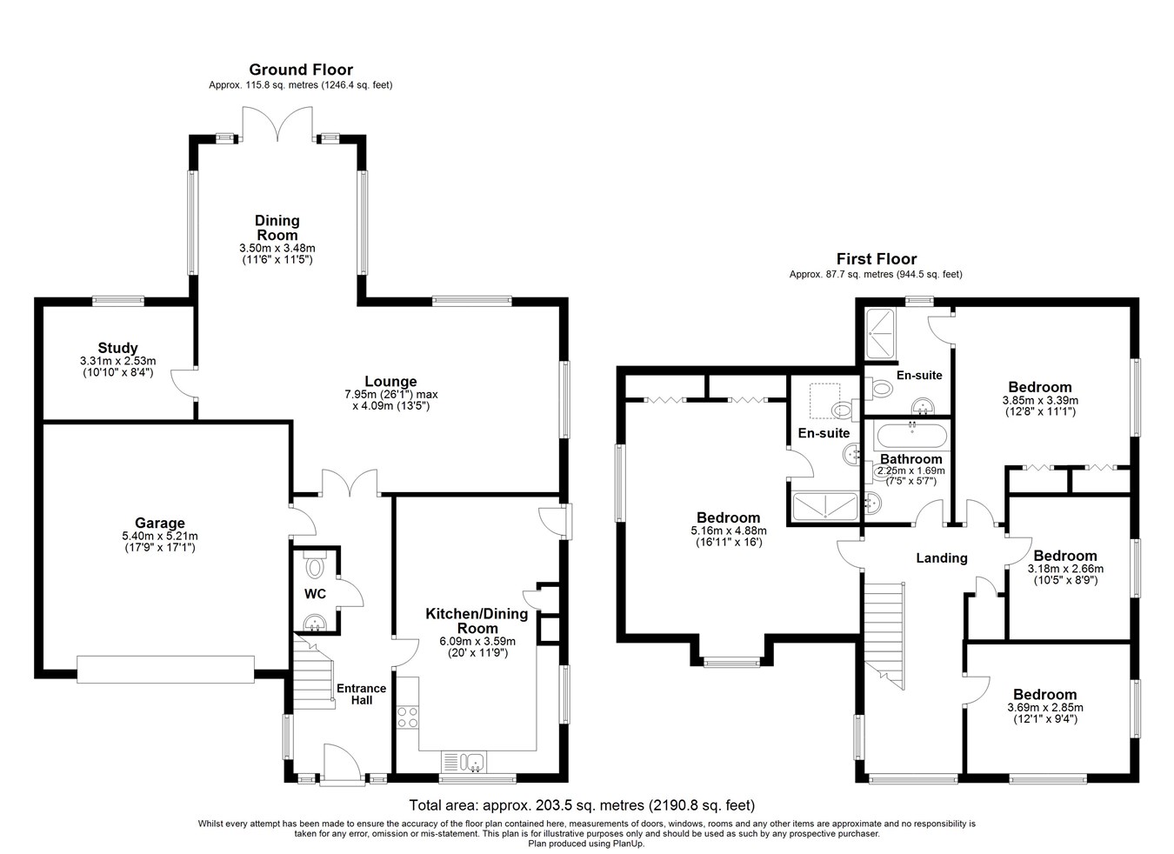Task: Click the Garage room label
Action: point(160,523)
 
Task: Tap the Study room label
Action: point(118,348)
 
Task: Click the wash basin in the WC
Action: point(315,623)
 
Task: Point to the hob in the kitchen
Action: point(408,717)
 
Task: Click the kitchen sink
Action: point(464,762)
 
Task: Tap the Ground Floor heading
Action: point(301,70)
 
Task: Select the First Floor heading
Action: point(877,258)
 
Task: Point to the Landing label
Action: point(942,557)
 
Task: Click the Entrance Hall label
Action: point(362,694)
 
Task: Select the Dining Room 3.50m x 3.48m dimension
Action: point(277,248)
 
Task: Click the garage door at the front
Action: point(165,669)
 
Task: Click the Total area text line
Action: point(582,804)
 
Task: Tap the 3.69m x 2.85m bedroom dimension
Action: point(1045,707)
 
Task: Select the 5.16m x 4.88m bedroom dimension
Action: point(729,530)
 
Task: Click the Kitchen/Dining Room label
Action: point(477,621)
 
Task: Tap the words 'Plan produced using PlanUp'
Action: point(586,844)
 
